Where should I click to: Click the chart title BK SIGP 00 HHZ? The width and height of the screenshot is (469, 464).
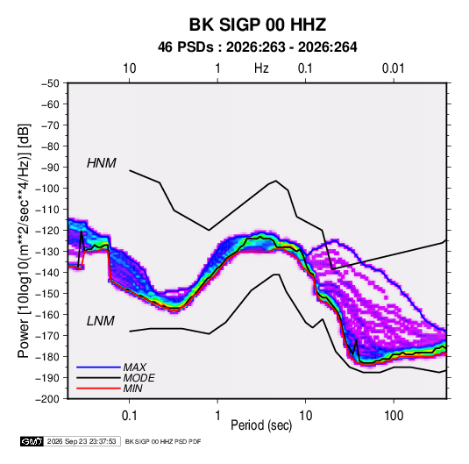click(257, 25)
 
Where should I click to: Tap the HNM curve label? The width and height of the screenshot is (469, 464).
click(102, 163)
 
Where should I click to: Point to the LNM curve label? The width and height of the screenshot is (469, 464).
click(101, 321)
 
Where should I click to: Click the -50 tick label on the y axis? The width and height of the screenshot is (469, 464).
click(50, 83)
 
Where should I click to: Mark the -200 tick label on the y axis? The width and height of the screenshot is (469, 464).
click(47, 399)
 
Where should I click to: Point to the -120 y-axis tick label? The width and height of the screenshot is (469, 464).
click(47, 231)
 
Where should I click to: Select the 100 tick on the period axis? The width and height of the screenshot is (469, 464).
click(394, 416)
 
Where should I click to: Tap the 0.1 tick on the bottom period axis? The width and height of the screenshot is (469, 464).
click(129, 416)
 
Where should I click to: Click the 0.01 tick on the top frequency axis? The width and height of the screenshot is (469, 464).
click(394, 68)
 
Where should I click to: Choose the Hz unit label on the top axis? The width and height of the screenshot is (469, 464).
click(261, 68)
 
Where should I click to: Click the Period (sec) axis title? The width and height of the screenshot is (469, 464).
click(261, 425)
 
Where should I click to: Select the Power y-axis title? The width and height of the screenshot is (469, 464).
click(24, 240)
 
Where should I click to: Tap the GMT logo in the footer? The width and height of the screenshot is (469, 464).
click(32, 441)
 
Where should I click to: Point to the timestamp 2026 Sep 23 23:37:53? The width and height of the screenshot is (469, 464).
click(82, 441)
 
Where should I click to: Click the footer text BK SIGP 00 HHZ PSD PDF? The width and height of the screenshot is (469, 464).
click(163, 441)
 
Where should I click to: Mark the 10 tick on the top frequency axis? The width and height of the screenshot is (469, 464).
click(130, 68)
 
